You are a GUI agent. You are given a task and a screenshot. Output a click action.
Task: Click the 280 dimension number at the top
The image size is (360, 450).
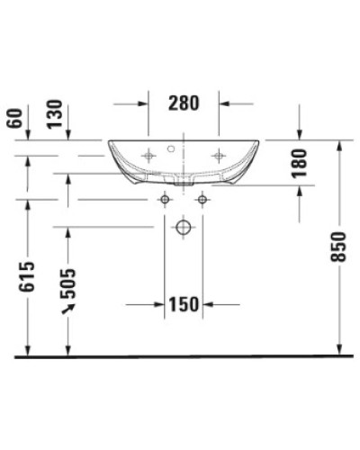(x=183, y=103)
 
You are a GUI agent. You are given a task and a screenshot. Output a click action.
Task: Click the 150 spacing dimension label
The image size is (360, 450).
(x=183, y=305)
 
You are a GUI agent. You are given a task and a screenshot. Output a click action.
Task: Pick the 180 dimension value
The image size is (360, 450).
(x=300, y=162)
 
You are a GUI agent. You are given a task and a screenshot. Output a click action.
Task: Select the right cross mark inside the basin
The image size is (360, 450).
(x=217, y=156)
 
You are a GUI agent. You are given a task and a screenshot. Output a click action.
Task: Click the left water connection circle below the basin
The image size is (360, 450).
(x=164, y=197)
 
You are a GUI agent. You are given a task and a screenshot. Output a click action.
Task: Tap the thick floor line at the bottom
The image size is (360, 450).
(x=180, y=357)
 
